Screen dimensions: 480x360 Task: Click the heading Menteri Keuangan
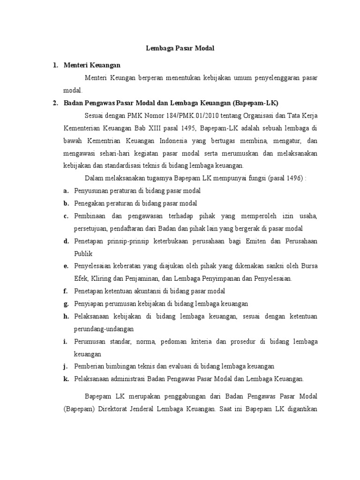click(x=92, y=65)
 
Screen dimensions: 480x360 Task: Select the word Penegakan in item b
click(x=89, y=203)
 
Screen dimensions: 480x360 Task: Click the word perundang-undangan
click(x=104, y=329)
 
